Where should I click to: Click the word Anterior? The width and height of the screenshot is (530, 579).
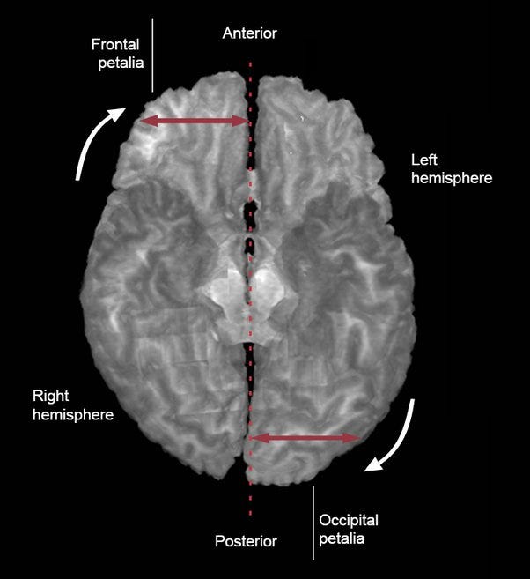[250, 33]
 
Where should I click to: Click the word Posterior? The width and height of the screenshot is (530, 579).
[246, 541]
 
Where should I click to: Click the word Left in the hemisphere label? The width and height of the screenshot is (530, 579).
[425, 160]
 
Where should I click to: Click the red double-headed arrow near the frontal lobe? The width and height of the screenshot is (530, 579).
[195, 121]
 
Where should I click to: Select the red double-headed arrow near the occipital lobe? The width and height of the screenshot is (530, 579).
[305, 437]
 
